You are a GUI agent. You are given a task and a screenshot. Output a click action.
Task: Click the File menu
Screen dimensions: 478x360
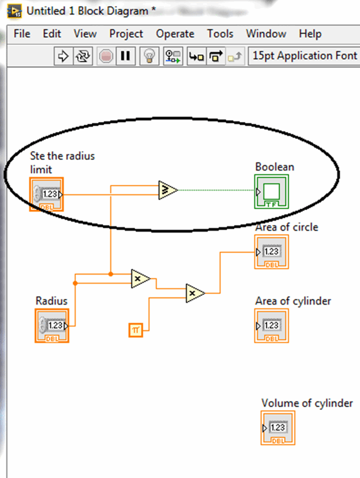(x=22, y=34)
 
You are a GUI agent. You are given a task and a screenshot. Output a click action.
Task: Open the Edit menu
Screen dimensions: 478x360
(x=52, y=34)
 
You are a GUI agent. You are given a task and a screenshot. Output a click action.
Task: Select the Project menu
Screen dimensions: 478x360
(x=126, y=34)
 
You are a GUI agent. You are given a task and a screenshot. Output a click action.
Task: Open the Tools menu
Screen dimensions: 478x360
(x=220, y=34)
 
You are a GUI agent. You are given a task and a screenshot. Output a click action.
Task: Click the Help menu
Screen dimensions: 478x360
(x=310, y=34)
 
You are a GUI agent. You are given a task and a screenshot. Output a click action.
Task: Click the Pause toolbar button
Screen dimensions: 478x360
(x=125, y=56)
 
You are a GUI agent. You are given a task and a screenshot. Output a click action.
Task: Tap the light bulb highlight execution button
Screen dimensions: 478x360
(x=149, y=56)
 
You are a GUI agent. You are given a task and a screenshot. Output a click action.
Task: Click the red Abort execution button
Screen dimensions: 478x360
(x=106, y=56)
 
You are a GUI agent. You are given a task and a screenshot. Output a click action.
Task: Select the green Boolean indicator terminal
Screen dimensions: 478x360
(x=271, y=191)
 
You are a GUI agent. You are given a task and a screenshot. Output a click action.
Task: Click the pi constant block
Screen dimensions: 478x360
(x=135, y=330)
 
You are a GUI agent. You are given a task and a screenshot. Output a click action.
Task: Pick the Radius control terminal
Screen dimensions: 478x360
(x=52, y=325)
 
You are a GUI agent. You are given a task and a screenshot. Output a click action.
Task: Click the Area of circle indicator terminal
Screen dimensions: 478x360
(x=271, y=252)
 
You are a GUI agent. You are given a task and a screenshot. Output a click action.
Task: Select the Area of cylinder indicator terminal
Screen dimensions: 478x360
(x=271, y=326)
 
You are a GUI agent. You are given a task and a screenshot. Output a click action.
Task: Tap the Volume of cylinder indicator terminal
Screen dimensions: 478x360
(x=278, y=428)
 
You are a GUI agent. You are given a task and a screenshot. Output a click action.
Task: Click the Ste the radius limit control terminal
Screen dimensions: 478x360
(x=46, y=194)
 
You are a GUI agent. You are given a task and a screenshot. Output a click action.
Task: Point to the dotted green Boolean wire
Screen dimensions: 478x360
(x=216, y=190)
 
